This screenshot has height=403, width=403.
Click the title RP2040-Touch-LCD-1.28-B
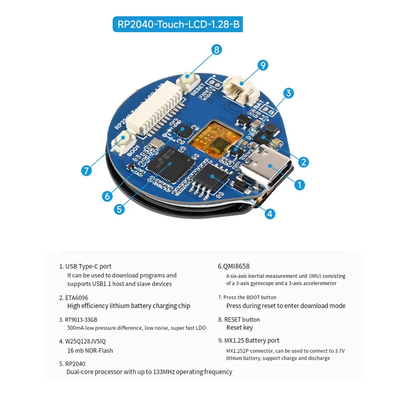(x=178, y=24)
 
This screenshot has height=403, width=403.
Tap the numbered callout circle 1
(x=299, y=185)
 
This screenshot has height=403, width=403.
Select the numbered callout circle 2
(x=303, y=162)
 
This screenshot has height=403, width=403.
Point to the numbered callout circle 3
(x=288, y=93)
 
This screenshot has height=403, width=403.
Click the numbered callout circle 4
(x=271, y=214)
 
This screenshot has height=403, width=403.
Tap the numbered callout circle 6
(x=106, y=196)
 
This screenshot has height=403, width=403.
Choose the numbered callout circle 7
(x=86, y=170)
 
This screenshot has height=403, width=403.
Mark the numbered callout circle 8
(x=216, y=49)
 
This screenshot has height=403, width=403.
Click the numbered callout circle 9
(x=262, y=65)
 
